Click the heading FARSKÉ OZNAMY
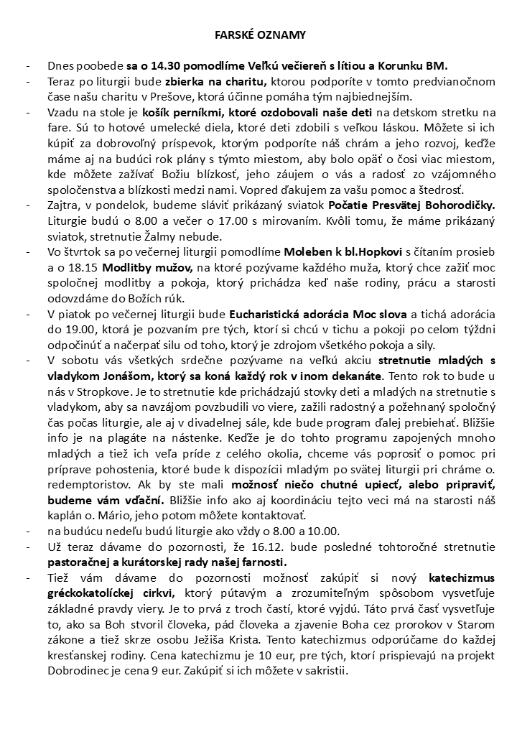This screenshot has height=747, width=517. coord(261,34)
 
